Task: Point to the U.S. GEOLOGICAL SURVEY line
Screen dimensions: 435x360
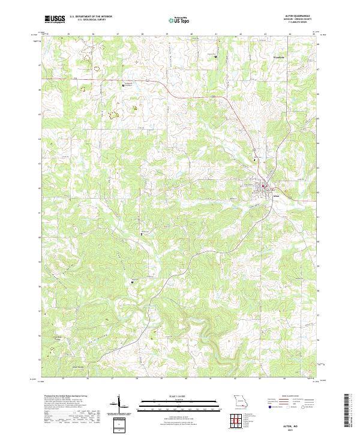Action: (88, 20)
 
